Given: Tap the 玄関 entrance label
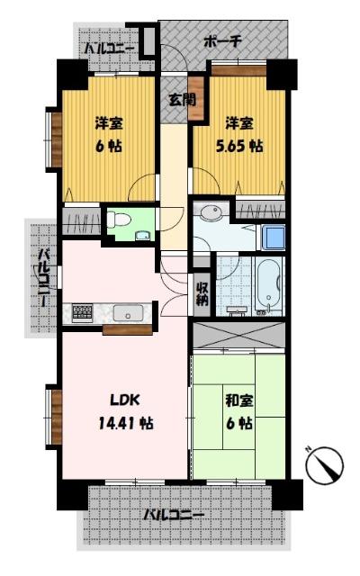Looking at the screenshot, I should (175, 100).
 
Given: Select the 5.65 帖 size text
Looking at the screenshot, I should (244, 145).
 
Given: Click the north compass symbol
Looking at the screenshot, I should (327, 466).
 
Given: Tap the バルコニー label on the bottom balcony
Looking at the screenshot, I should (174, 516).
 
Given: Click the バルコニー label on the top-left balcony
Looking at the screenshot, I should (111, 48).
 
